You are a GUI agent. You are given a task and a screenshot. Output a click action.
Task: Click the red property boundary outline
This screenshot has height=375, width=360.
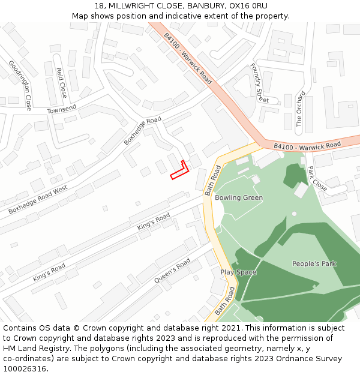[180, 170]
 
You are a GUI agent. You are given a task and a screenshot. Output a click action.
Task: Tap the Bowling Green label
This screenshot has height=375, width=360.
[239, 198]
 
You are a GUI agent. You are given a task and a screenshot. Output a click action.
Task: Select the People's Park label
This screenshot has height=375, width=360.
[314, 264]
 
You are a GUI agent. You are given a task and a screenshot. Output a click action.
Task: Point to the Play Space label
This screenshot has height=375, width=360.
[238, 272]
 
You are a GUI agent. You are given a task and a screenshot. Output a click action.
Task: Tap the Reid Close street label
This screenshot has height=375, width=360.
[61, 83]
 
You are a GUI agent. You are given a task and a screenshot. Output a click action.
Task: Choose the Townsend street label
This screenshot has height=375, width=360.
[62, 109]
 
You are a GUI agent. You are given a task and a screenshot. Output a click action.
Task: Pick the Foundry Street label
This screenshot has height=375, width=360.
[259, 83]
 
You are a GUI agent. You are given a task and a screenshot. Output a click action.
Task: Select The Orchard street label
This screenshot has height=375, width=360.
[301, 109]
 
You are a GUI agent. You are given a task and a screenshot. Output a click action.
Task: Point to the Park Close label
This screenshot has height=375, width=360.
[317, 178]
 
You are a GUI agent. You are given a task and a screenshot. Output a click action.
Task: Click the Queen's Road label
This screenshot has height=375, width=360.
[172, 272]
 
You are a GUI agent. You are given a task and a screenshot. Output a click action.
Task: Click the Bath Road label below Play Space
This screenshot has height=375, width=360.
[224, 302]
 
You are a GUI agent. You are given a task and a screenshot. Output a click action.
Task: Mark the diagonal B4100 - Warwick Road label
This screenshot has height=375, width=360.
[188, 58]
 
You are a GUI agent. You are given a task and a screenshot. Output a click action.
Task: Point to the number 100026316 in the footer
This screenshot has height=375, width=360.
[24, 368]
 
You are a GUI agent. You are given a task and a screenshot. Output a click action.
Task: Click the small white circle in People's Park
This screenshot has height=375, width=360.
[294, 214]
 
